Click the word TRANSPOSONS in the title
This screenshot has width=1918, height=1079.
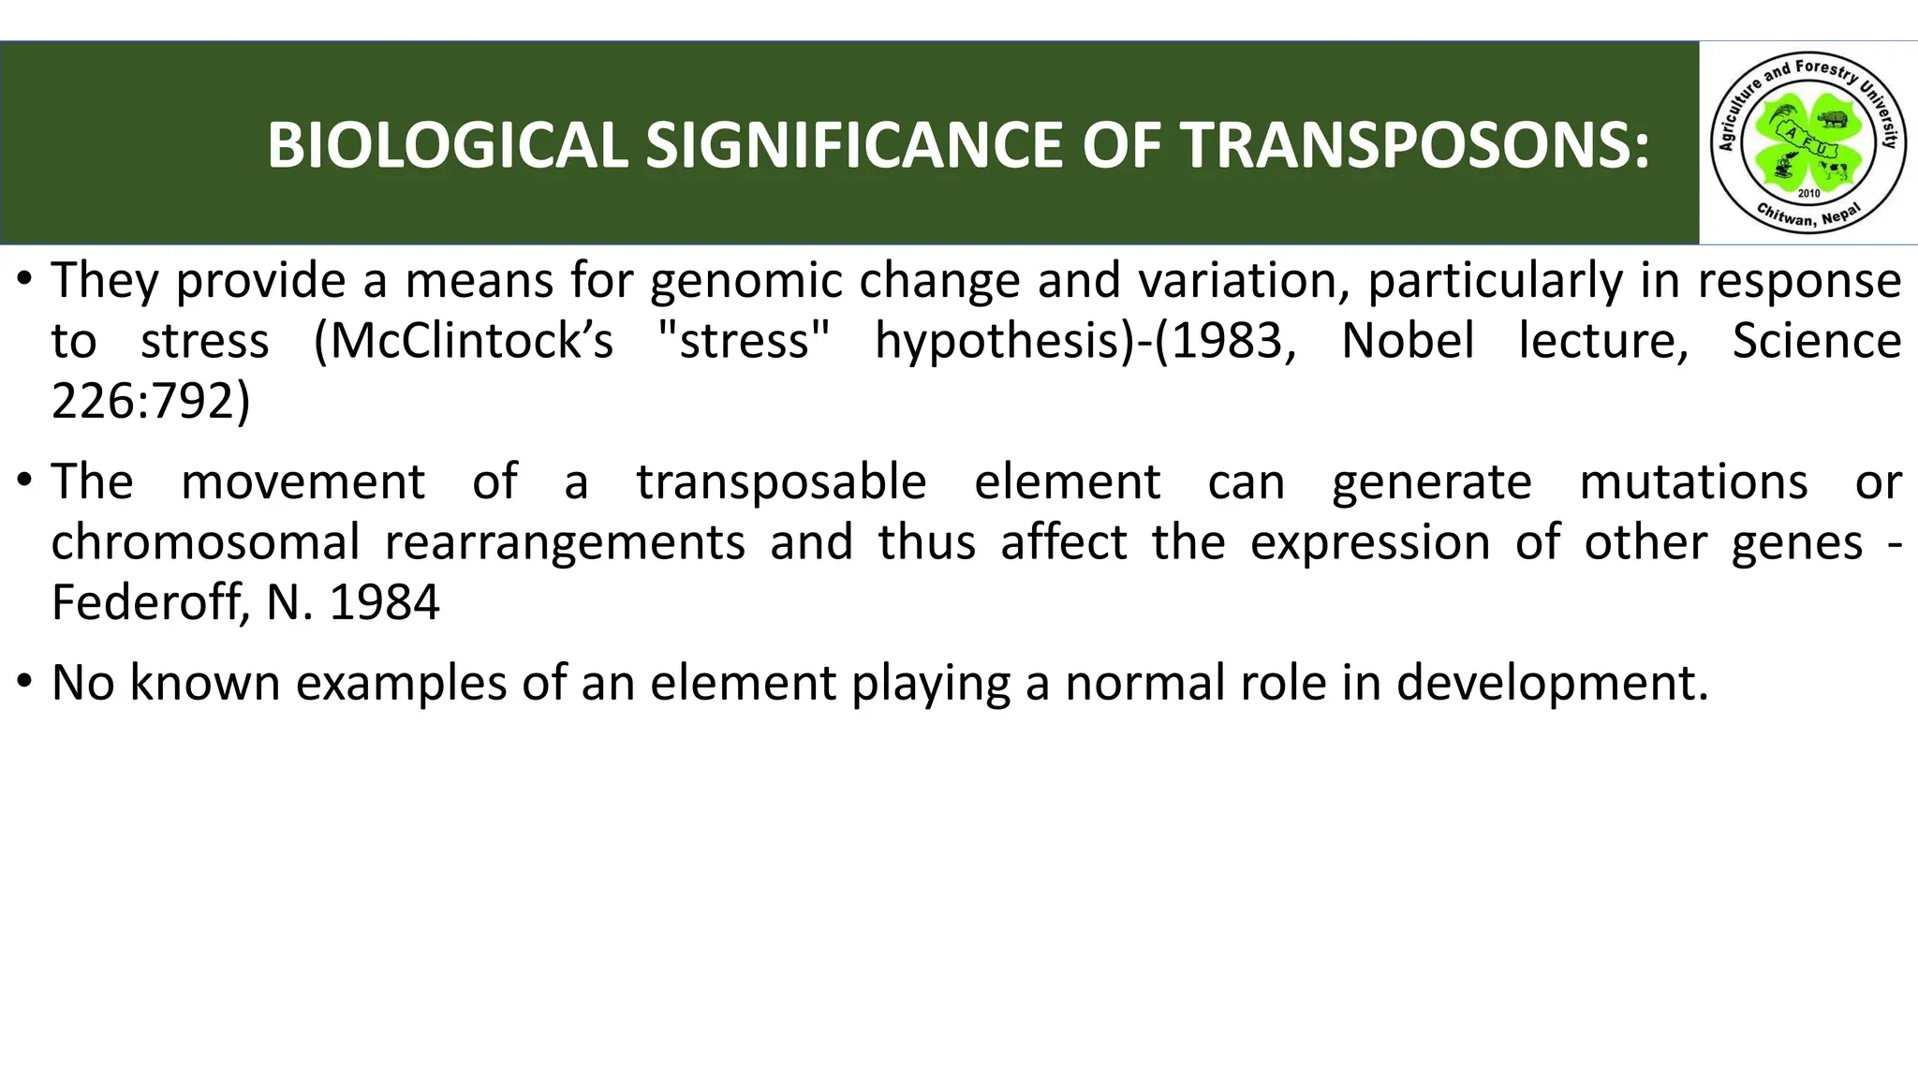[1413, 146]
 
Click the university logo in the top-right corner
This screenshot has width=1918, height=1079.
[1807, 142]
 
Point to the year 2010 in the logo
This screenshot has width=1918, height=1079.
[1808, 194]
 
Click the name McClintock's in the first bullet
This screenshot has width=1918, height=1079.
[464, 341]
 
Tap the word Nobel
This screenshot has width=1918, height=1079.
[1408, 341]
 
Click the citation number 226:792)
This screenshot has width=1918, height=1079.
[151, 401]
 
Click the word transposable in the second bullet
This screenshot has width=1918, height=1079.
[781, 482]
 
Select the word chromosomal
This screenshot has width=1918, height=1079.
[205, 542]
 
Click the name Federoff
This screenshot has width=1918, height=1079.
[149, 602]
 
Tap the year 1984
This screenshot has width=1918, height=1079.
[384, 602]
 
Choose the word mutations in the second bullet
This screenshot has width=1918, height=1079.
[1693, 482]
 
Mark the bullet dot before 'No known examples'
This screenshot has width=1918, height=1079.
[24, 681]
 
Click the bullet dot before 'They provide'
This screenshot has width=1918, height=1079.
[24, 279]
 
